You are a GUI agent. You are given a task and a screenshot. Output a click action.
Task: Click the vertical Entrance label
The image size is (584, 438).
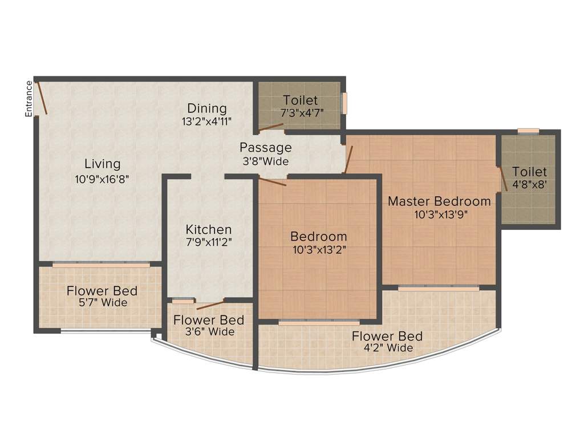tap(29, 99)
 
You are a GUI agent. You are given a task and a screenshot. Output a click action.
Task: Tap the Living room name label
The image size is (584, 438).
tap(103, 164)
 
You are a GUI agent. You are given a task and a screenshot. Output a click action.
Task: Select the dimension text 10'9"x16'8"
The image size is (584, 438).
tap(103, 178)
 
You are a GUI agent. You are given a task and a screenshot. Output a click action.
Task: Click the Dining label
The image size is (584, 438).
tap(207, 108)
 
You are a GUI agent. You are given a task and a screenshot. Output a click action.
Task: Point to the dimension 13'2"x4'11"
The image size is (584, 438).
tap(206, 121)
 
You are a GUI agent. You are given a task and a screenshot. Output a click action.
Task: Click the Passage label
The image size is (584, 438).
tap(265, 147)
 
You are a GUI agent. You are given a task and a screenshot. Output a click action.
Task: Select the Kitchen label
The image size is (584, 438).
tap(209, 229)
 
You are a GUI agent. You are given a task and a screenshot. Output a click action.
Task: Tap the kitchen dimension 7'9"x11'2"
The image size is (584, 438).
tap(209, 242)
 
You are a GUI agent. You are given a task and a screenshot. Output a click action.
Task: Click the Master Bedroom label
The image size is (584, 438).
tap(439, 201)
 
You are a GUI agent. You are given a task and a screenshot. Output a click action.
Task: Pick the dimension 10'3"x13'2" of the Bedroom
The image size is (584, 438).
tap(319, 249)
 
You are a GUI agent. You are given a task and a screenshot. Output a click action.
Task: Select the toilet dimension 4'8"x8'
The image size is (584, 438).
tap(529, 185)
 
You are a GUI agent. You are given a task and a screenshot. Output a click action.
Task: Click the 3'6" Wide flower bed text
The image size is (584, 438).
tap(209, 332)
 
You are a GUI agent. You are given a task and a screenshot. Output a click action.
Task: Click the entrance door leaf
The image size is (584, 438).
tap(42, 98)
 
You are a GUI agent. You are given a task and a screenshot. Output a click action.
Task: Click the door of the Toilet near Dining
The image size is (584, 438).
tap(270, 127)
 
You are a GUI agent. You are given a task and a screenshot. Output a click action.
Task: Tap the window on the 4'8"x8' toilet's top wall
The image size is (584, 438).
tap(528, 131)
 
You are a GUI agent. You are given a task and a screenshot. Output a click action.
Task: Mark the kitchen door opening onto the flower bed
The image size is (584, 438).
tap(210, 305)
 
